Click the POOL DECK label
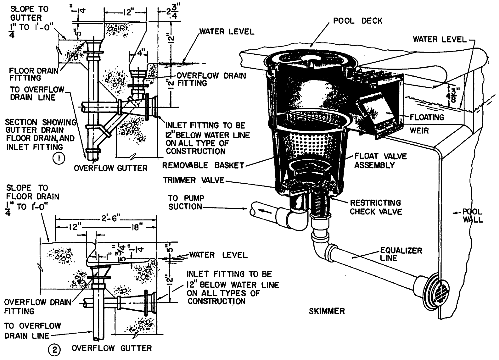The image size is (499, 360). [x=358, y=21]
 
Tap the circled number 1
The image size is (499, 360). [x=59, y=158]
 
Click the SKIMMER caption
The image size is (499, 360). [x=327, y=311]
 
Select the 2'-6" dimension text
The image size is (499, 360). [x=106, y=219]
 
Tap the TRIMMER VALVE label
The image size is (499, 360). [x=193, y=180]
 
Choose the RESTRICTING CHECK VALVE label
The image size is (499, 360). [x=376, y=207]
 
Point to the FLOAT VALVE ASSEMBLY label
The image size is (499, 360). [x=380, y=160]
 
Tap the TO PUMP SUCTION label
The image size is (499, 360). [x=186, y=202]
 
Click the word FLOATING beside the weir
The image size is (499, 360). [x=427, y=117]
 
